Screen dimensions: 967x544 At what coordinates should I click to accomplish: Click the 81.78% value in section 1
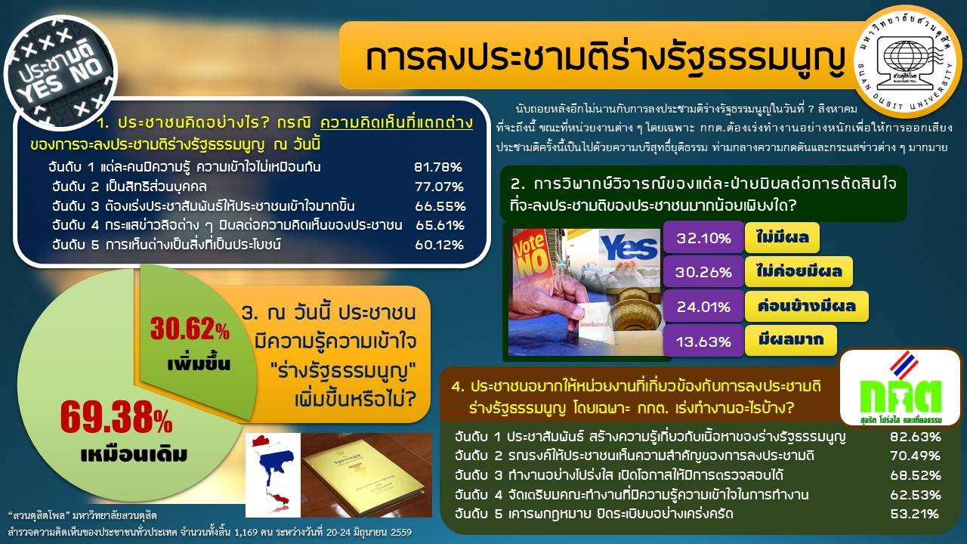tap(437, 167)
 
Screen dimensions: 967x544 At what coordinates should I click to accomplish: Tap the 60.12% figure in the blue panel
tap(439, 245)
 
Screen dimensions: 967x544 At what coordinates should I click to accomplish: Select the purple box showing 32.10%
tap(703, 237)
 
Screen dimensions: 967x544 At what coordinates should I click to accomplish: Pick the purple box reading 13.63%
tap(703, 341)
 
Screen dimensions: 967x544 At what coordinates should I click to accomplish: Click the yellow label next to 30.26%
tap(799, 271)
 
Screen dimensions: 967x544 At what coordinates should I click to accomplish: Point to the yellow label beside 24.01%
tap(806, 306)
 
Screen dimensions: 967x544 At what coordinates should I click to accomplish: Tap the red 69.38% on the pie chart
tap(116, 416)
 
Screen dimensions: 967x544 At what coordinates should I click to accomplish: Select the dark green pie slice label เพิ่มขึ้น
tap(199, 364)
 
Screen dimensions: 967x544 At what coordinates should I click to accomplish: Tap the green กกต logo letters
tap(900, 396)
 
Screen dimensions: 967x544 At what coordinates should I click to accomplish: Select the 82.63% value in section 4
tap(915, 437)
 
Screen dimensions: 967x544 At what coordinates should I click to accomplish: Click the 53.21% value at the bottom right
tap(914, 515)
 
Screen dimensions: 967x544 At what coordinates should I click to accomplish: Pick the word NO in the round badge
tap(86, 70)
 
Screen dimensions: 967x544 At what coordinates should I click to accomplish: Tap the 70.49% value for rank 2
tap(915, 456)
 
